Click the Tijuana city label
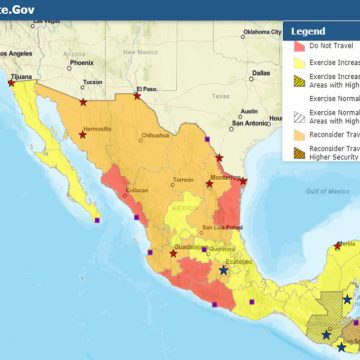click(21, 75)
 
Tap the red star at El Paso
click(138, 96)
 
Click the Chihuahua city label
click(156, 134)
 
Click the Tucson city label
click(92, 82)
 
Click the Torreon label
click(184, 180)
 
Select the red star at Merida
click(338, 245)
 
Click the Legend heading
click(307, 31)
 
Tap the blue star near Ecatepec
click(223, 270)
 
